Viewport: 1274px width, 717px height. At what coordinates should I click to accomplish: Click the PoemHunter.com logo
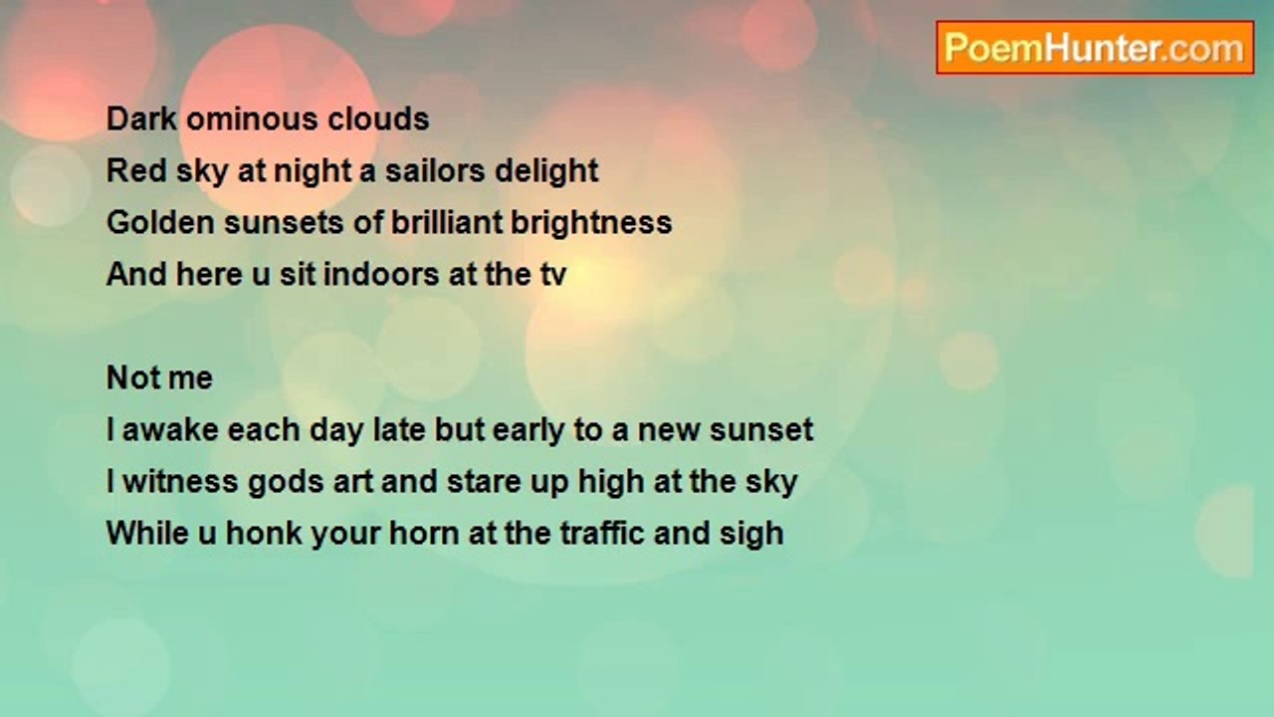click(1095, 48)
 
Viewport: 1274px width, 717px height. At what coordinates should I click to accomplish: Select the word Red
click(135, 170)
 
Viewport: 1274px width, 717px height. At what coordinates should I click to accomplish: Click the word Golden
click(159, 222)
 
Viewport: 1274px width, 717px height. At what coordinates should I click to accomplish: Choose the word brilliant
click(447, 222)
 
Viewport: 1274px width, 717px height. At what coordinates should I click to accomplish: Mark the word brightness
click(591, 223)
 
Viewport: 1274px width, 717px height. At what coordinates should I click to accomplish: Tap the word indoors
click(381, 274)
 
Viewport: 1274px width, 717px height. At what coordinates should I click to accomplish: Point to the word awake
click(170, 429)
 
